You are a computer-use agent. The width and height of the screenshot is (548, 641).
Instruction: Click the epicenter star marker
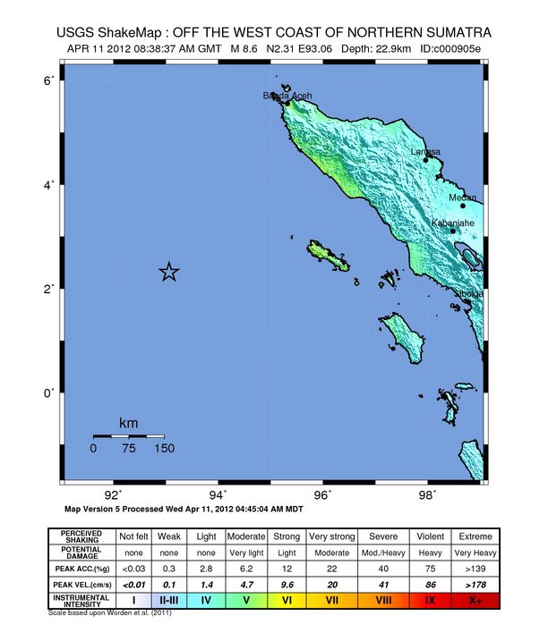169,273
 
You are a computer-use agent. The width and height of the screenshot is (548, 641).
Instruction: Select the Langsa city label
425,152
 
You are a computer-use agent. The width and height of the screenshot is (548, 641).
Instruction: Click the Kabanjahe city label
453,223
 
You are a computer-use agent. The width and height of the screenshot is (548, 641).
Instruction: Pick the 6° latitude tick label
52,80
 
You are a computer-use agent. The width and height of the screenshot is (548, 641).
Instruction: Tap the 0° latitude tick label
52,392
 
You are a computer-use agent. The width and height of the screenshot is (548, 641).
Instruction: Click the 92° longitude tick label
114,493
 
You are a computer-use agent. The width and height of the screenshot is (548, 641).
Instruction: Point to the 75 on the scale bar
128,449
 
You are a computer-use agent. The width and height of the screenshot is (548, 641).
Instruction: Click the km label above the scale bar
128,422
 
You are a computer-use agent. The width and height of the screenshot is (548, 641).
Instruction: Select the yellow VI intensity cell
287,600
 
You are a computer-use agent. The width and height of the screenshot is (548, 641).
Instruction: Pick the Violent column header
431,536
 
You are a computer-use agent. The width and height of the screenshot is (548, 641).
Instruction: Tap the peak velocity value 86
431,584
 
